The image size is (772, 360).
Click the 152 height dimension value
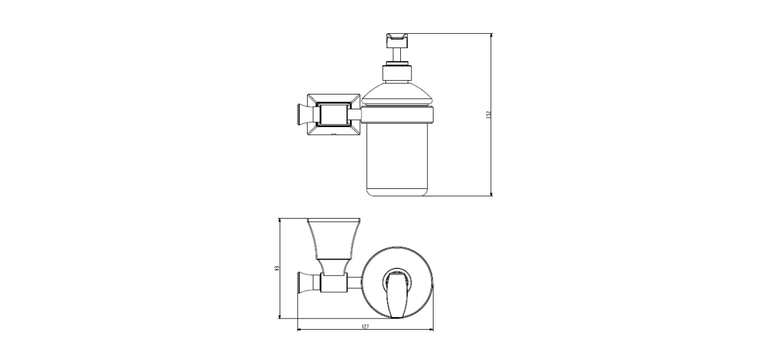[x=488, y=115]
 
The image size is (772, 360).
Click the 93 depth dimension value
[x=276, y=269]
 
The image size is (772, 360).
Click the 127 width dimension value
[x=365, y=327]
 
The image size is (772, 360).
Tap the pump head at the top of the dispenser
[x=397, y=40]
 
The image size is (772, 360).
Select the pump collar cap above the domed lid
[x=397, y=74]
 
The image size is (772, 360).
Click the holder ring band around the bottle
[x=397, y=115]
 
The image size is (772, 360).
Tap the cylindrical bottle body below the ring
[x=397, y=159]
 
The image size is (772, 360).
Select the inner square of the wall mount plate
[x=334, y=115]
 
